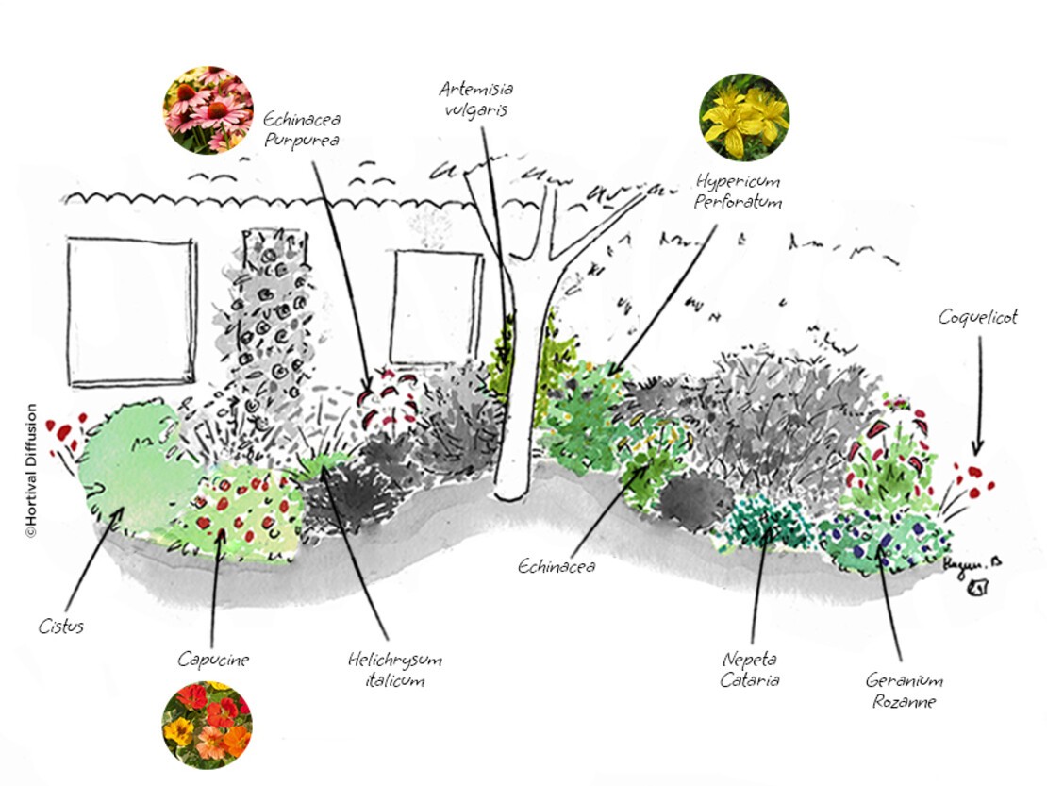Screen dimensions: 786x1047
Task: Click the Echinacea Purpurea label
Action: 301,130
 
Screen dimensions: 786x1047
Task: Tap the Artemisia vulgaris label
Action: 476,98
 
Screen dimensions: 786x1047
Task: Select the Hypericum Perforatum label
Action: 739,190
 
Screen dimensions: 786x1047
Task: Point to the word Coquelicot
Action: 978,317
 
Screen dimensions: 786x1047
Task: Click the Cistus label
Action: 61,626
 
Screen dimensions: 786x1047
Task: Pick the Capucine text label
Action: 213,660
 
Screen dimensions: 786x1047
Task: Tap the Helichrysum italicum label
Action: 394,669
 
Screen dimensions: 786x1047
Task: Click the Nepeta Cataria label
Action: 752,669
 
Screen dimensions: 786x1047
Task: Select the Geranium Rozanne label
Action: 904,691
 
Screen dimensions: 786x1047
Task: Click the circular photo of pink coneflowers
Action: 207,109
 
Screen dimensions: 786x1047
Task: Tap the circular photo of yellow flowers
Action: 744,117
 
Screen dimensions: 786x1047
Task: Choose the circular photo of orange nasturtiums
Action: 207,725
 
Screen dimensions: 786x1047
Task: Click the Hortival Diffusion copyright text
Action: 30,471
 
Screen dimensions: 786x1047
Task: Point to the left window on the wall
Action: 131,310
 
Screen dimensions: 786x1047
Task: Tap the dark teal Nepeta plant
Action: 769,525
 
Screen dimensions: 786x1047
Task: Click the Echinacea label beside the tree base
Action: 557,566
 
